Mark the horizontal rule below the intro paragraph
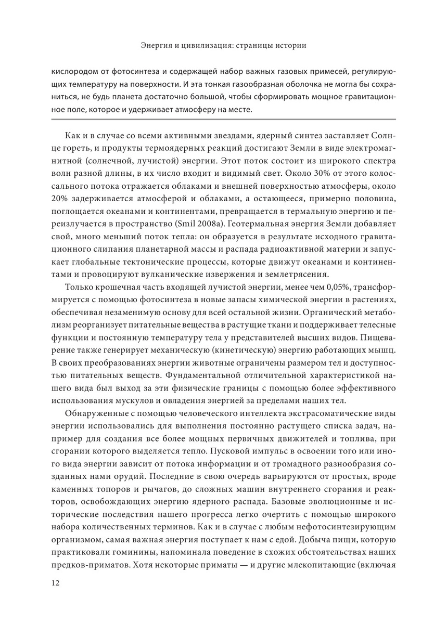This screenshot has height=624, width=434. point(216,121)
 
